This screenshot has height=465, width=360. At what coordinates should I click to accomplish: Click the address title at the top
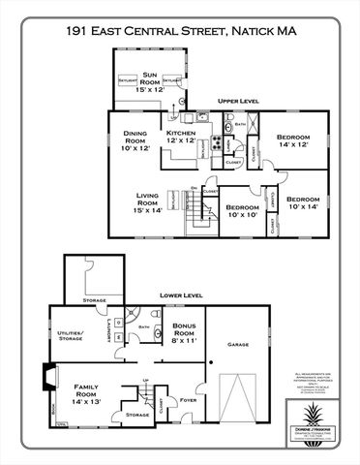click(179, 32)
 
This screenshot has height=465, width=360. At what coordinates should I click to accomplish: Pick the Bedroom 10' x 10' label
click(242, 212)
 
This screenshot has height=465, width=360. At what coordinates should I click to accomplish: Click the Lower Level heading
click(179, 294)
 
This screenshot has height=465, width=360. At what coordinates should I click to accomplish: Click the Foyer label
click(189, 398)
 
